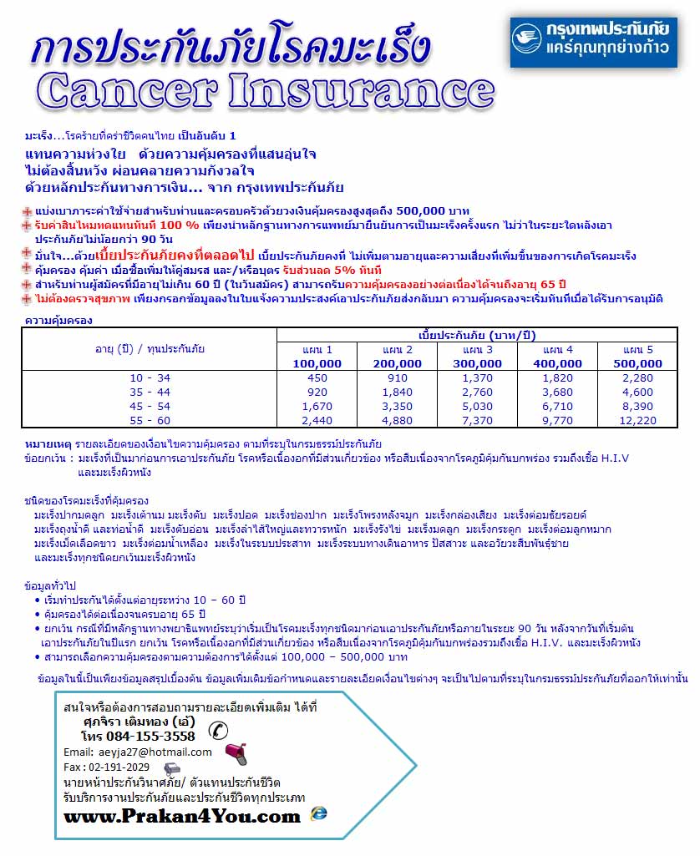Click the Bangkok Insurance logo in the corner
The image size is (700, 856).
[x=595, y=41]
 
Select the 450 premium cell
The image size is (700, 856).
[x=317, y=377]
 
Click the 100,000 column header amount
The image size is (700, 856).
[x=317, y=363]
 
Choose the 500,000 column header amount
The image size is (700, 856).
[x=637, y=363]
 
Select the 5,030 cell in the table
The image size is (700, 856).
[x=478, y=406]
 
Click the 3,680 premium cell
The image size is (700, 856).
[x=558, y=392]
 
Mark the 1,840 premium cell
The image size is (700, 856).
[x=398, y=392]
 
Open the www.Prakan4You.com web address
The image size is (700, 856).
[x=181, y=816]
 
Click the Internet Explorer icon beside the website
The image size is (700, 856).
[x=318, y=813]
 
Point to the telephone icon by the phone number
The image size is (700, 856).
[x=218, y=731]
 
